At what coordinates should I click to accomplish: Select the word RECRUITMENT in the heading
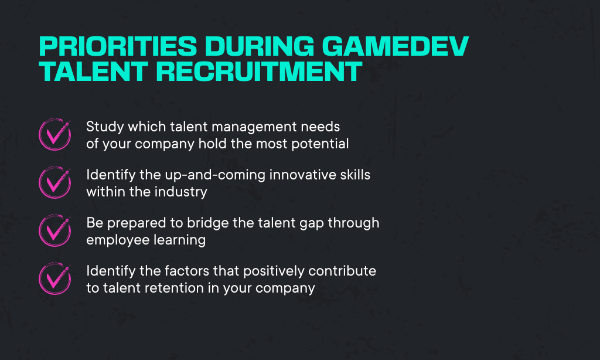258,71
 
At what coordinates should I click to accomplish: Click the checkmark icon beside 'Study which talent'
54,134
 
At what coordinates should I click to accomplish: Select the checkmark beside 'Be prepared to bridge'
54,230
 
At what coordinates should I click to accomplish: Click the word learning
180,240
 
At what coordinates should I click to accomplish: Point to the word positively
274,271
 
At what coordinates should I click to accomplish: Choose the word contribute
342,271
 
